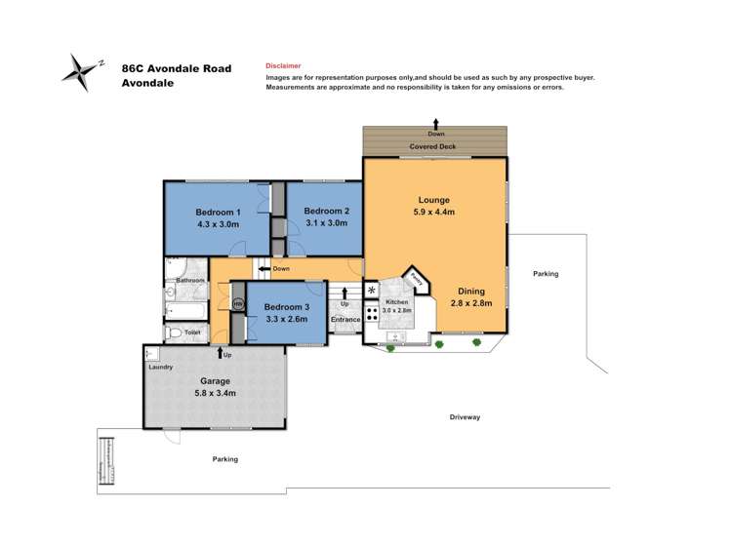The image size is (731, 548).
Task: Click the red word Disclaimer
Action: (x=283, y=65)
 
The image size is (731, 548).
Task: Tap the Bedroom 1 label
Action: (x=218, y=213)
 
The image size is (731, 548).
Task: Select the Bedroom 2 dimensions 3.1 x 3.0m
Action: (x=326, y=223)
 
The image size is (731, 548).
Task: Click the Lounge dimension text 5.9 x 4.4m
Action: (x=435, y=210)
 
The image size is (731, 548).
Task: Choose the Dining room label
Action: (x=470, y=291)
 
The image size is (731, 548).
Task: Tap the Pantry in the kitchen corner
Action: (x=416, y=277)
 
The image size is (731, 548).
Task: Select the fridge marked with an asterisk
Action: (x=371, y=291)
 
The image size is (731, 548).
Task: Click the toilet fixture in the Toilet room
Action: (x=176, y=334)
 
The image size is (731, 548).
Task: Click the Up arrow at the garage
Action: (x=222, y=353)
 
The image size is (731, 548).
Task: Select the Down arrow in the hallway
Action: (x=264, y=268)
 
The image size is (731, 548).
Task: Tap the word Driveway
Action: (x=465, y=416)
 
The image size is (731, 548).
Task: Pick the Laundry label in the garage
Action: (x=161, y=368)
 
